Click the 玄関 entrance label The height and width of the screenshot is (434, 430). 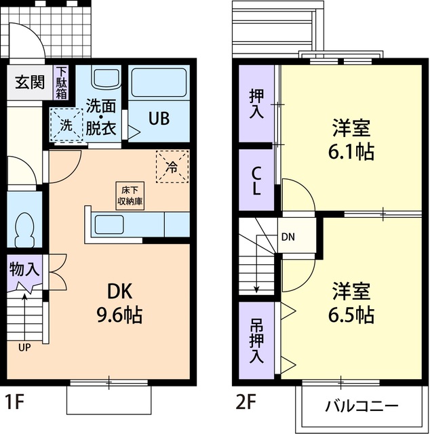coord(30,83)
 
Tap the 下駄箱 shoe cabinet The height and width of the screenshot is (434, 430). coord(62,82)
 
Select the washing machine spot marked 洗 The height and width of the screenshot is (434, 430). coord(65,125)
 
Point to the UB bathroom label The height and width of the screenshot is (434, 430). coord(159,117)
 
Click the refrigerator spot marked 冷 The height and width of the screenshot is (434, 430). coord(172,166)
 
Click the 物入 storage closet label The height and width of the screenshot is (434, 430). coord(24,269)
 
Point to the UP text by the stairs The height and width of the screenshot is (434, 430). coord(24,348)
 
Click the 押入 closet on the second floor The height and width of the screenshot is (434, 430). coord(256,104)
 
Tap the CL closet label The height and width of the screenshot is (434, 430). coord(256,180)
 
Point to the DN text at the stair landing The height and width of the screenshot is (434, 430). coord(288,237)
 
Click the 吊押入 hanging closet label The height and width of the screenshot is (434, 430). coord(256,339)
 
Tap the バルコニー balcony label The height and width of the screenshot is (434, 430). coord(361,407)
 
